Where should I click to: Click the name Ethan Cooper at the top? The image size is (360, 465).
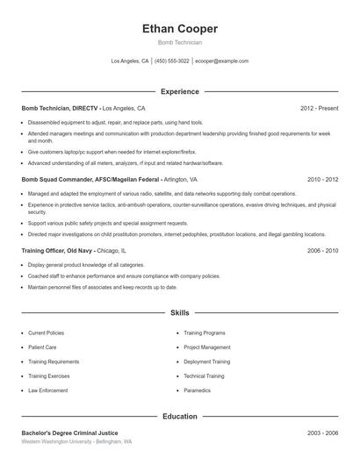pos(179,29)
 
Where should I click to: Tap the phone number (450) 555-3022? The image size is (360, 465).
pos(172,61)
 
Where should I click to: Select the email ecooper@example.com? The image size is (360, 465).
pos(221,61)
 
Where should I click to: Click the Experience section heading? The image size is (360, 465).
pos(179,91)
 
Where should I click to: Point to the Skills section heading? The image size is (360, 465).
pos(179,312)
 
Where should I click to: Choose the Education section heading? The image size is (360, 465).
pos(179,416)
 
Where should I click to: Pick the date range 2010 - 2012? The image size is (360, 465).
pos(322,178)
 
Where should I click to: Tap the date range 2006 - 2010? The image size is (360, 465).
pos(322,250)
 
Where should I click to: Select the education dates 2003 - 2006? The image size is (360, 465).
pos(322,433)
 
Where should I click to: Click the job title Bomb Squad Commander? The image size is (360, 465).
pos(57,178)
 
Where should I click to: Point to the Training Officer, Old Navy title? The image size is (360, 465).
pos(53,250)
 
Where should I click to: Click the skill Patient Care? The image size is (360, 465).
pos(42,347)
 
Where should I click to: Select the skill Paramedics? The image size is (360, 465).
pos(198,390)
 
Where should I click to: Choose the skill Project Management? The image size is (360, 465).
pos(207,347)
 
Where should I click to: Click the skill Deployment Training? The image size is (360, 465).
pos(207,361)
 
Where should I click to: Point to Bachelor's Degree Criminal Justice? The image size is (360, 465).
pos(69,433)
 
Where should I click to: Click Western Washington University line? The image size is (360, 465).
pos(76,442)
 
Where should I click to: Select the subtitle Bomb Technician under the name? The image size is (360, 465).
pos(179,42)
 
